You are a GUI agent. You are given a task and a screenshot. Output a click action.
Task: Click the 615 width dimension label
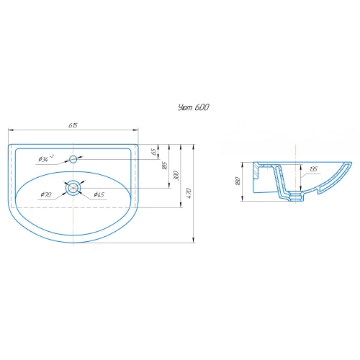pyautogui.click(x=73, y=125)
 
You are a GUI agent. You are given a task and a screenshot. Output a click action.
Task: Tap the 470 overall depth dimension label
pyautogui.click(x=189, y=193)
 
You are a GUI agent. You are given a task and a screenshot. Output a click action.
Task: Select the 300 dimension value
pyautogui.click(x=176, y=176)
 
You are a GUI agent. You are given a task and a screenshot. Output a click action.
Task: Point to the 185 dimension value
pyautogui.click(x=165, y=166)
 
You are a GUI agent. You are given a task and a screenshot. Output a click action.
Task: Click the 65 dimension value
pyautogui.click(x=154, y=152)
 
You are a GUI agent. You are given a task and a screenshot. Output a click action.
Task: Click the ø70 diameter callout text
pyautogui.click(x=46, y=194)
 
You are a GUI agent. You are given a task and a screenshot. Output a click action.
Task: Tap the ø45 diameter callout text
pyautogui.click(x=99, y=194)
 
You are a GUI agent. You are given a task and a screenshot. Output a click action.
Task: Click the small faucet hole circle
pyautogui.click(x=73, y=159)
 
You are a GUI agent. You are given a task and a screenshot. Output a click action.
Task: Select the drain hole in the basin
pyautogui.click(x=73, y=188)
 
